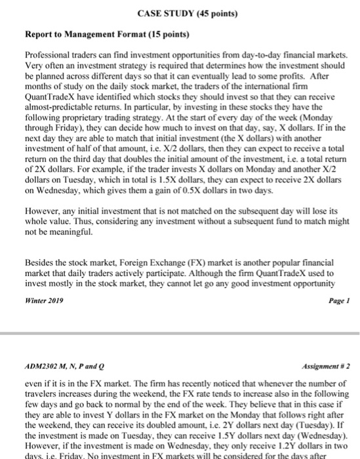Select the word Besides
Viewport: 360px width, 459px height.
click(x=39, y=258)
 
